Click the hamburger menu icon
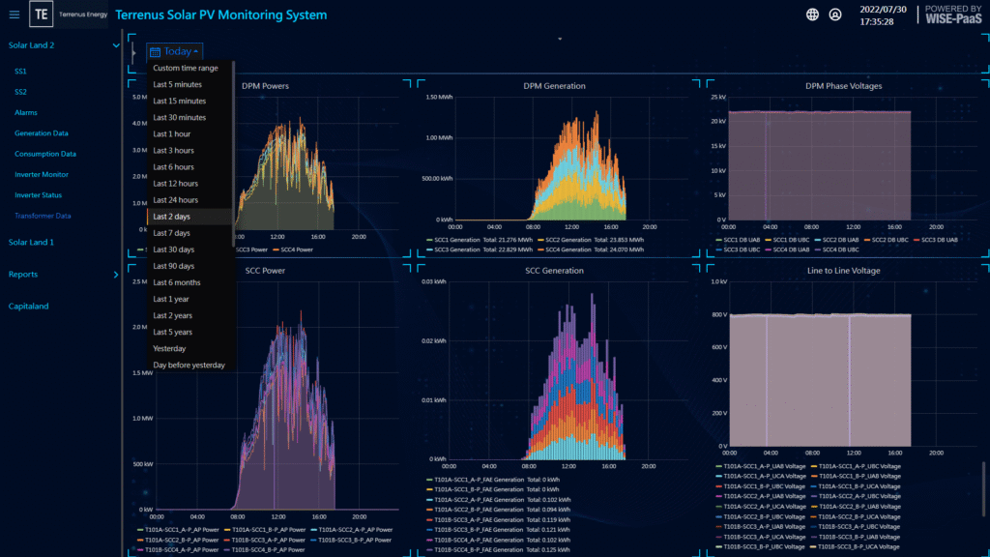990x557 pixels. pyautogui.click(x=14, y=15)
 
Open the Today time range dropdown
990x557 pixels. pyautogui.click(x=175, y=51)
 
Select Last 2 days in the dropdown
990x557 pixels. pyautogui.click(x=171, y=217)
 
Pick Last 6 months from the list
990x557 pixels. pyautogui.click(x=177, y=282)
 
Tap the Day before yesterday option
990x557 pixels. pyautogui.click(x=189, y=366)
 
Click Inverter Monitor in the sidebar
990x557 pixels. pyautogui.click(x=42, y=174)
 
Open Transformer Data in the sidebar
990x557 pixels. pyautogui.click(x=43, y=216)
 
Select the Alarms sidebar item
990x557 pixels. pyautogui.click(x=26, y=112)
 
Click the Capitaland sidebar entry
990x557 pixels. pyautogui.click(x=29, y=307)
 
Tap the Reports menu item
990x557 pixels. pyautogui.click(x=23, y=275)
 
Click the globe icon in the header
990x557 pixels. pyautogui.click(x=812, y=15)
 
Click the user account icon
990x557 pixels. pyautogui.click(x=835, y=15)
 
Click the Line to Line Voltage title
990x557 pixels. pyautogui.click(x=843, y=271)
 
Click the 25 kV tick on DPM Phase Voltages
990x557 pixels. pyautogui.click(x=718, y=98)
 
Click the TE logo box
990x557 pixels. pyautogui.click(x=42, y=15)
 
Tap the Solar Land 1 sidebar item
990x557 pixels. pyautogui.click(x=31, y=242)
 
